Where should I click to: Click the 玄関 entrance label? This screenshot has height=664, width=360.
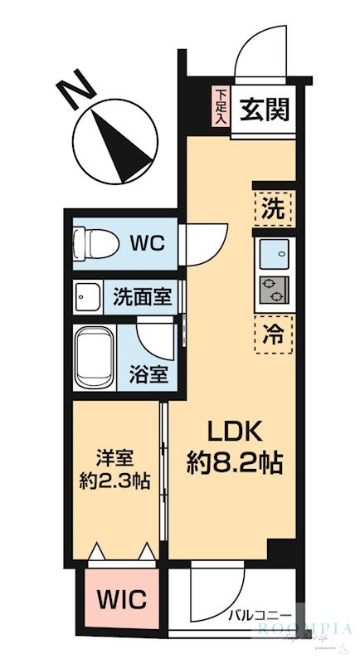tap(265, 110)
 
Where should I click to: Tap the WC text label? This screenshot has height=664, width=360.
tap(149, 243)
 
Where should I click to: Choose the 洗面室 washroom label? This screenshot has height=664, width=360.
tap(143, 296)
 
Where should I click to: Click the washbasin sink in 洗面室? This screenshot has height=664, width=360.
tap(85, 296)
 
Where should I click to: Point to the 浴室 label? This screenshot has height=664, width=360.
tap(151, 374)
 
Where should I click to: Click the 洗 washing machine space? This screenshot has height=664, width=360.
tap(273, 207)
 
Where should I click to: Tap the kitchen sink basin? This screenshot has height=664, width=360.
tap(273, 252)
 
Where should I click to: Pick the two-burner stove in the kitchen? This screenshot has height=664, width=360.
tap(273, 290)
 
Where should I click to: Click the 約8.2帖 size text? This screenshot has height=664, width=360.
tap(235, 462)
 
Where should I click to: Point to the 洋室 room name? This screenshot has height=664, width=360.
tap(114, 458)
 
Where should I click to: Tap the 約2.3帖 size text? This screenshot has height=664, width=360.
tap(114, 481)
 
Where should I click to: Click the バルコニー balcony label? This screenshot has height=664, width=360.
tap(260, 615)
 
